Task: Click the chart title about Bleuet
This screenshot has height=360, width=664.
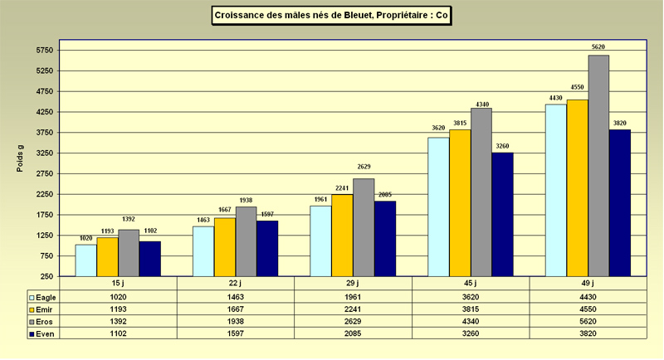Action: [332, 15]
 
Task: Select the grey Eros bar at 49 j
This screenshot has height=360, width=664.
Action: [598, 166]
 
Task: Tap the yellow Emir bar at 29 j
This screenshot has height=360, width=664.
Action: [342, 236]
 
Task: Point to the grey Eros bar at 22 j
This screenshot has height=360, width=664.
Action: [246, 241]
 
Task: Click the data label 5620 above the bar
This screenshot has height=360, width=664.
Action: [598, 47]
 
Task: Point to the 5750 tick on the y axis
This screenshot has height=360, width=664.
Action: [43, 51]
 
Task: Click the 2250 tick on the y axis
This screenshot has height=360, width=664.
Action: [43, 194]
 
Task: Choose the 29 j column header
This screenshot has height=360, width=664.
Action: [354, 284]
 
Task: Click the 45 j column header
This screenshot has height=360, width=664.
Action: [471, 284]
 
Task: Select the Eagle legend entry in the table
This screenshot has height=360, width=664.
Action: [46, 296]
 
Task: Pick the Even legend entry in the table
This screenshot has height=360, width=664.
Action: [46, 333]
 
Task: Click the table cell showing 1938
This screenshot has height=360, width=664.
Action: [236, 321]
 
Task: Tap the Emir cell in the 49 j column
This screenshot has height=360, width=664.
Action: [588, 309]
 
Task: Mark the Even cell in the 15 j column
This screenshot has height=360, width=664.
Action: [119, 333]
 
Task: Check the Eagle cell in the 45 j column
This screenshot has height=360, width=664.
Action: [471, 296]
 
